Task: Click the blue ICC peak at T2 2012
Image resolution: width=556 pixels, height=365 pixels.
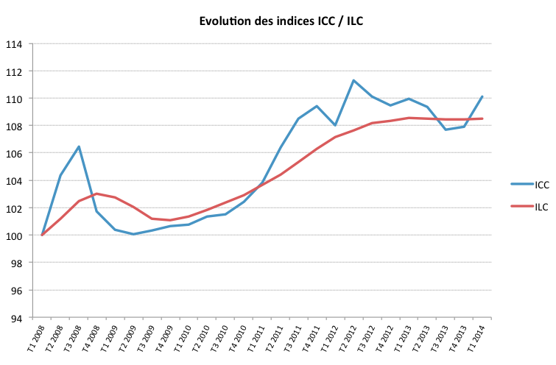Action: [x=353, y=80]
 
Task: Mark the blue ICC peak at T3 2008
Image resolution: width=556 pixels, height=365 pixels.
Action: [x=79, y=146]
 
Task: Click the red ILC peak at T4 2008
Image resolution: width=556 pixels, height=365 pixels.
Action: [x=97, y=194]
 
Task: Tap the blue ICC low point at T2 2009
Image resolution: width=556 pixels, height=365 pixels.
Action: [x=133, y=234]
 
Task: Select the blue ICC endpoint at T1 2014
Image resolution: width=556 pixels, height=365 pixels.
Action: [x=482, y=96]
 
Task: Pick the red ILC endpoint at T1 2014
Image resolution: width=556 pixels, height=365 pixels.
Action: [x=482, y=118]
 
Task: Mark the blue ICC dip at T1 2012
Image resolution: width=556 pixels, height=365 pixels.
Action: [x=335, y=125]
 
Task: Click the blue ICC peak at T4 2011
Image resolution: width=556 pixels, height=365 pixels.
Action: [x=317, y=106]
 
